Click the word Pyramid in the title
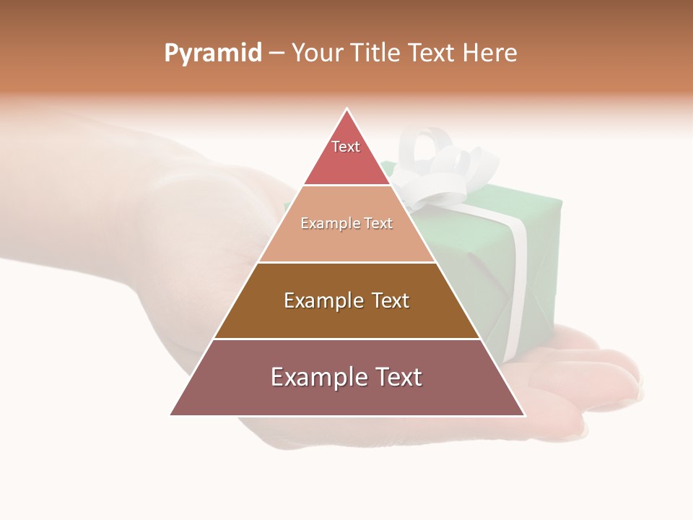pos(213,53)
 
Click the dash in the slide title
pos(276,53)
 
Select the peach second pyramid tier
pos(346,238)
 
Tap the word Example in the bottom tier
pos(318,377)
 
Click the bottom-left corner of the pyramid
pos(171,415)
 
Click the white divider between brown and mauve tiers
pos(346,339)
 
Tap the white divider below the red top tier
pos(346,185)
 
